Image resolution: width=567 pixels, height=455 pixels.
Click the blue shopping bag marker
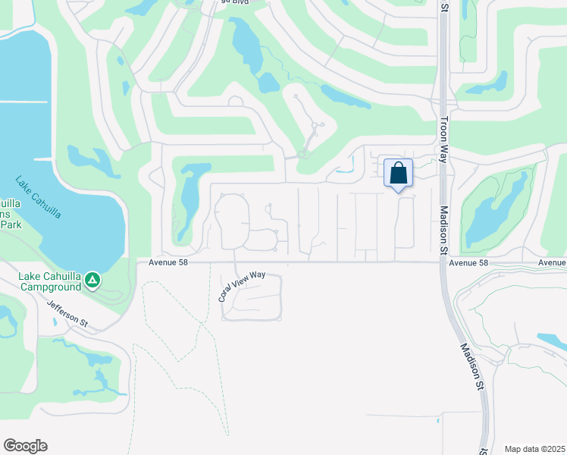click(x=398, y=174)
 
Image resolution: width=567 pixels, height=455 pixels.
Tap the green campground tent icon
click(x=92, y=281)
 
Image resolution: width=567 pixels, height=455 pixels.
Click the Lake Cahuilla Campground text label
click(x=51, y=281)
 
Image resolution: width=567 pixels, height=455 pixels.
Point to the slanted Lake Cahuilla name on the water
click(x=38, y=198)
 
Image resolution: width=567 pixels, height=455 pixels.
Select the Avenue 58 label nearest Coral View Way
click(x=166, y=263)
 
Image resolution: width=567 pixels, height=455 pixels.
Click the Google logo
click(x=25, y=446)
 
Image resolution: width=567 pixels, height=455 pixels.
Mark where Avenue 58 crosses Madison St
click(x=441, y=263)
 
